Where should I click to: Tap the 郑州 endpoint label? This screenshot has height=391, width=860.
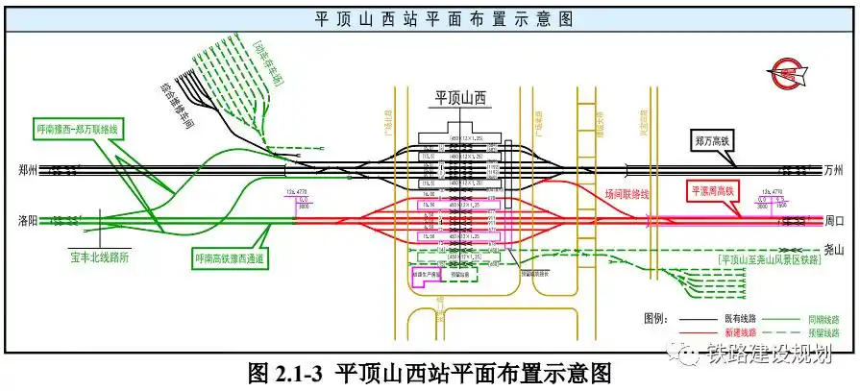point(27,170)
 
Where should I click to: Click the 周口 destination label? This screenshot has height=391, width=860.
point(835,220)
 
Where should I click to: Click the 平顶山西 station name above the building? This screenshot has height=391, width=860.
point(462,97)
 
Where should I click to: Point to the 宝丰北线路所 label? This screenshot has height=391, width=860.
point(101,257)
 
